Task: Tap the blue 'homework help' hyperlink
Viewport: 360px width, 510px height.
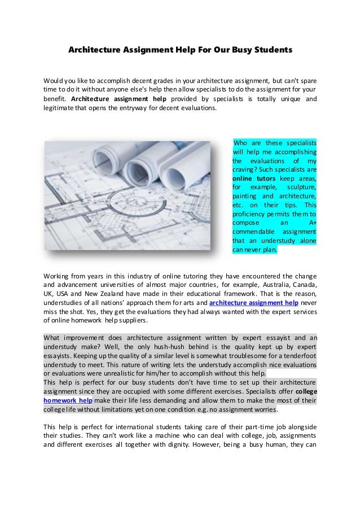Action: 68,400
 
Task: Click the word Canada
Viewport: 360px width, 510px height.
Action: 304,285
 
